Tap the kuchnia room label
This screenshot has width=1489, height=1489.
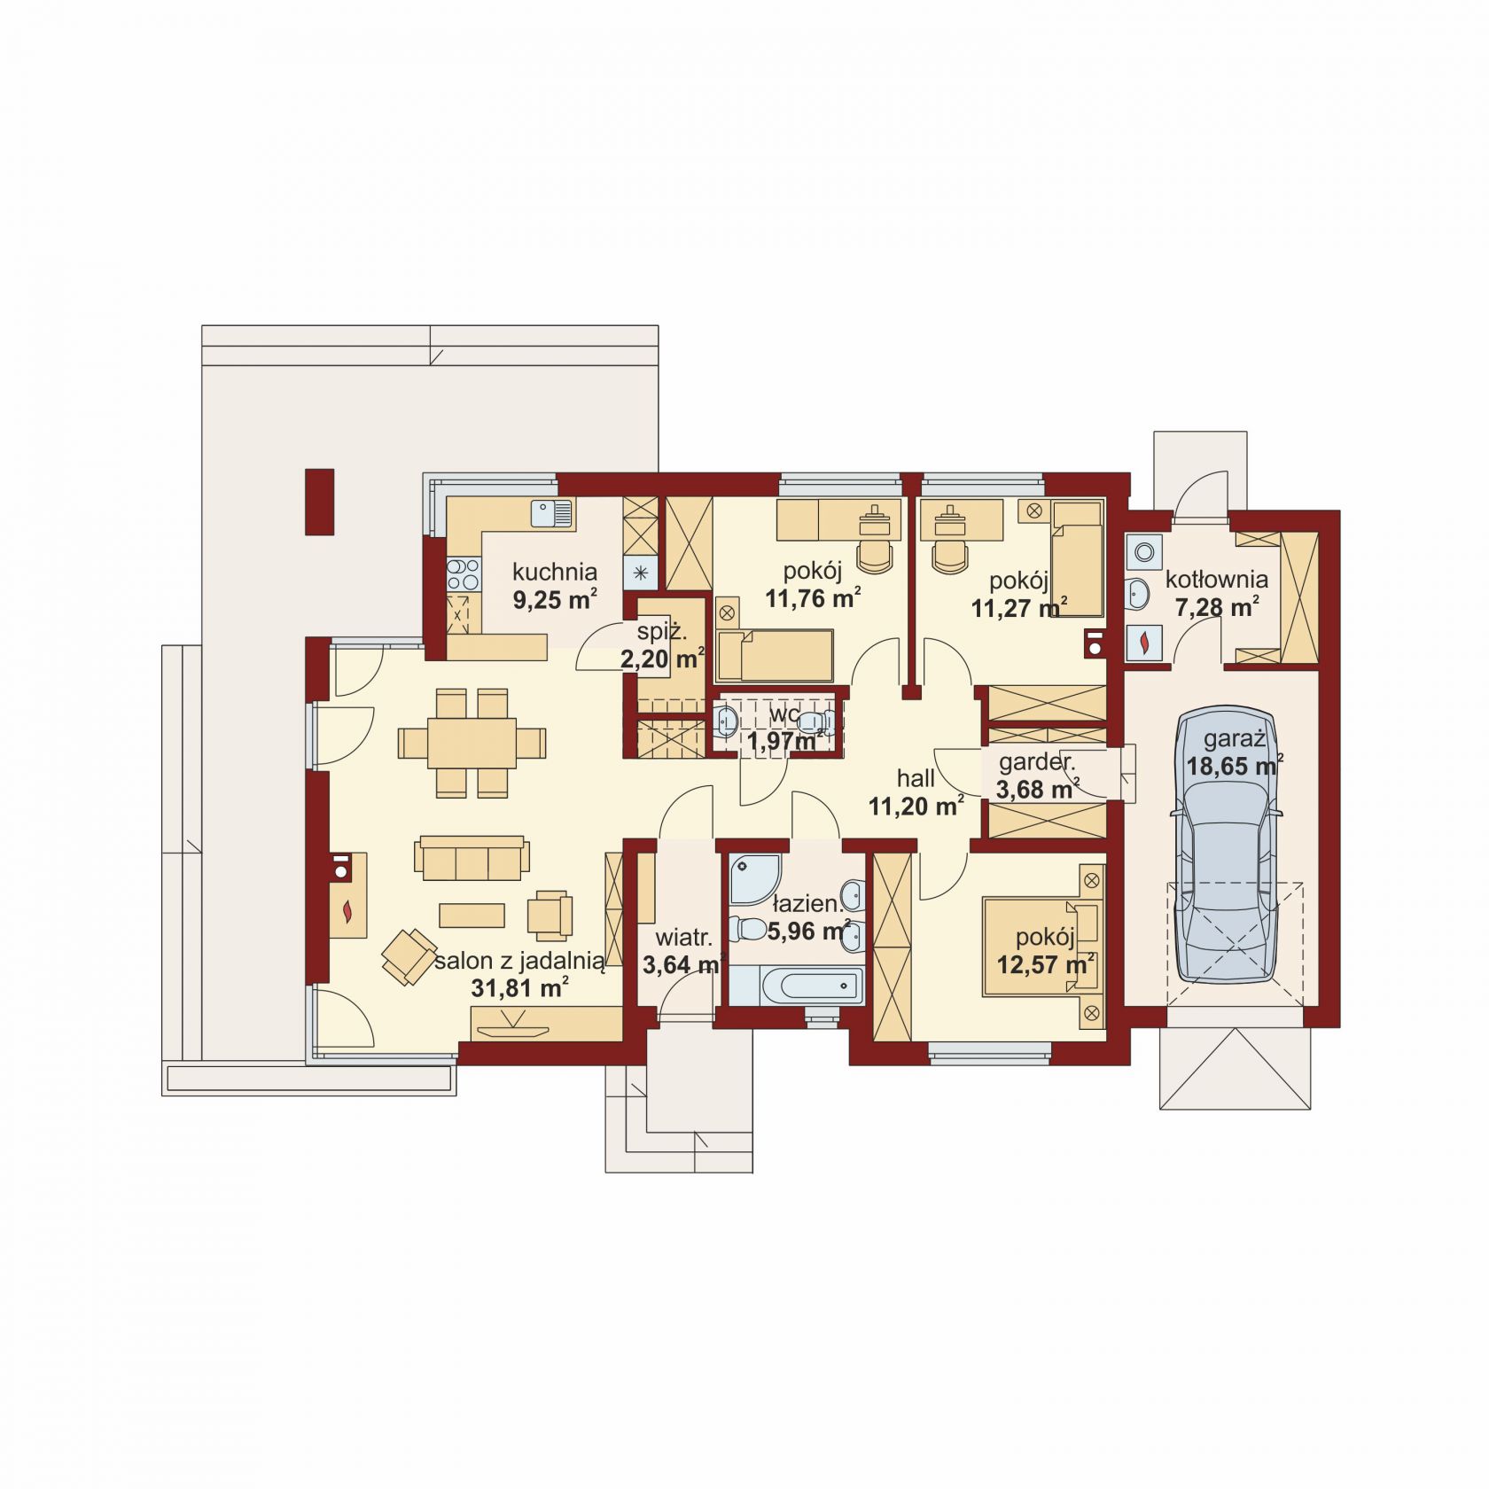click(x=555, y=572)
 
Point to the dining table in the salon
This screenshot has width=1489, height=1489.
click(x=472, y=743)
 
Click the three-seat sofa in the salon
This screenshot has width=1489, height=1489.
click(x=472, y=857)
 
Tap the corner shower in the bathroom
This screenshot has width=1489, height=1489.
click(x=755, y=878)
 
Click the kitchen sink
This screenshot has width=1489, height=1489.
click(x=552, y=513)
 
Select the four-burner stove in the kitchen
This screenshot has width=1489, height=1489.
click(x=463, y=573)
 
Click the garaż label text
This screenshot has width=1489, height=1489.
click(x=1234, y=739)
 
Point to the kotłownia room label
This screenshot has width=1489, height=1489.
click(x=1216, y=580)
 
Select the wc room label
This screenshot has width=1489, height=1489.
click(x=784, y=714)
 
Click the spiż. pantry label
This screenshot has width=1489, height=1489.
click(x=662, y=633)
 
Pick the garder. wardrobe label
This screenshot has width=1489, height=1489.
click(x=1037, y=761)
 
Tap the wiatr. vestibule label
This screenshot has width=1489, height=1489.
click(x=683, y=937)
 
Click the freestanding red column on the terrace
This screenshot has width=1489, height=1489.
click(x=319, y=502)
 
